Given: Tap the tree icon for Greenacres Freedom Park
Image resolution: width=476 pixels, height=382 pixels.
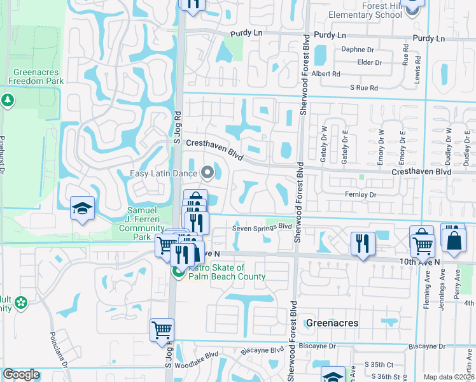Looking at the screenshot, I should [x=8, y=100].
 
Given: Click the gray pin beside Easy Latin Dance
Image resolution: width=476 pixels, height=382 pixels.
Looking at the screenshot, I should [x=206, y=172].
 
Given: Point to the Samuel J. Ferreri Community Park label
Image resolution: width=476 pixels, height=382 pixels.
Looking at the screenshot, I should [x=142, y=219].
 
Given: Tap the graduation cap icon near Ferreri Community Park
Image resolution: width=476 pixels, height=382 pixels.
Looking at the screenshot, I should [x=82, y=208].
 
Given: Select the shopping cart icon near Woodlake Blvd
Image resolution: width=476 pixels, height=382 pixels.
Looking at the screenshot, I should [x=162, y=330].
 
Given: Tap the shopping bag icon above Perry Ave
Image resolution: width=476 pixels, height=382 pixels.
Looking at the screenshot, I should [x=455, y=239].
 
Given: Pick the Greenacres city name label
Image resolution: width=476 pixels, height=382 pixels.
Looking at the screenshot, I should [x=332, y=323].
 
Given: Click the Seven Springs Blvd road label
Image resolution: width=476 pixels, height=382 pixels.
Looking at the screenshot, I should [x=262, y=226].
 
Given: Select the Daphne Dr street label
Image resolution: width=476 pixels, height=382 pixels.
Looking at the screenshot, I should [x=357, y=49].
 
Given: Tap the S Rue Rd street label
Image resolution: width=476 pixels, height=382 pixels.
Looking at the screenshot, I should [x=363, y=87].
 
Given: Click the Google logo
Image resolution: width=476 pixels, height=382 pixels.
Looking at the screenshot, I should [x=21, y=374].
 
